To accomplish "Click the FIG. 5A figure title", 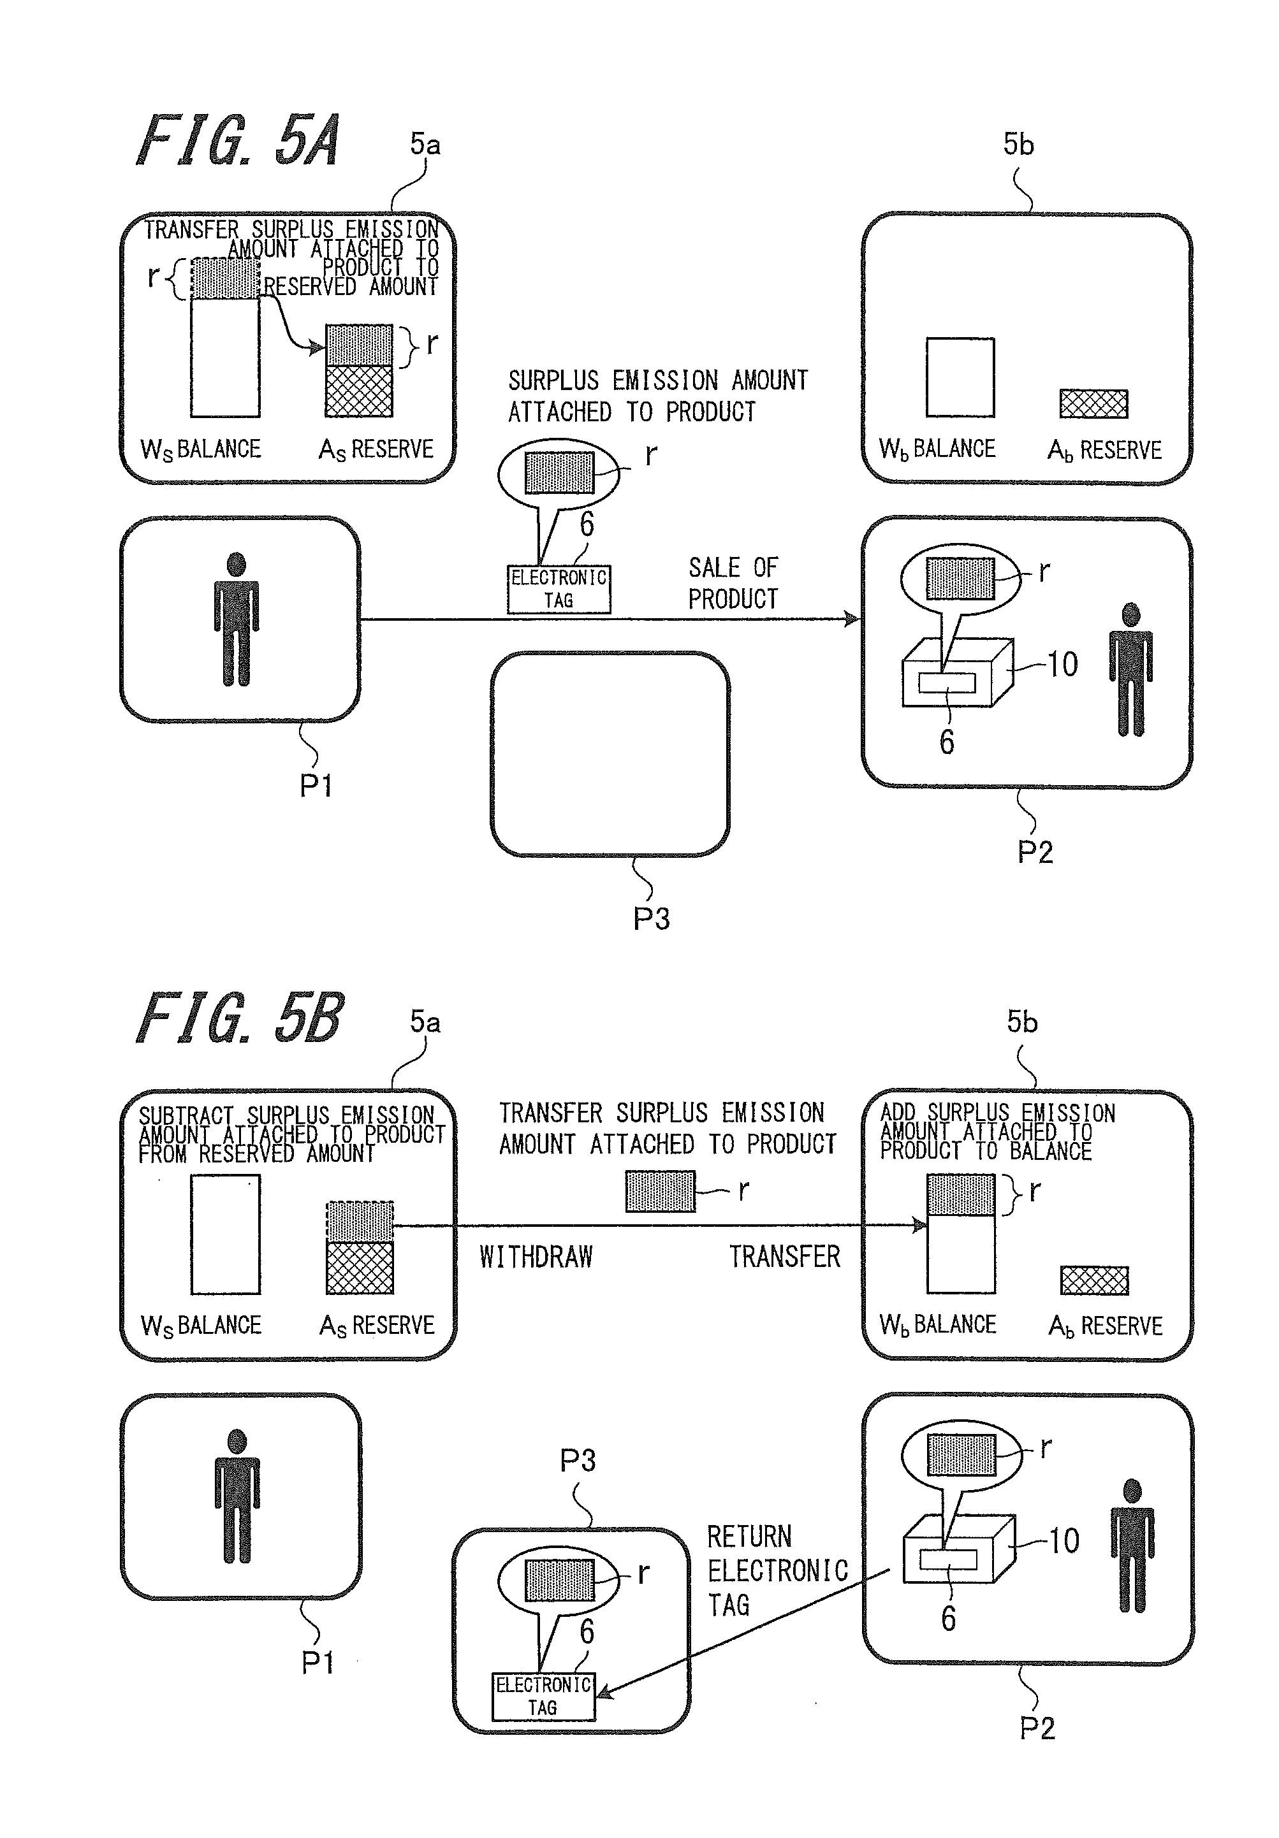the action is [238, 140].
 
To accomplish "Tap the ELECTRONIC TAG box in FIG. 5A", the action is [559, 589].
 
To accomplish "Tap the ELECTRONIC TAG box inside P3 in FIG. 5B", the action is [544, 1697].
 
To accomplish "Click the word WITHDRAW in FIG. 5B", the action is [536, 1257].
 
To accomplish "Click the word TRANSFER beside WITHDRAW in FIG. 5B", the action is [785, 1257].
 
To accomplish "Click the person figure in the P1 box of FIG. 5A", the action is [237, 619].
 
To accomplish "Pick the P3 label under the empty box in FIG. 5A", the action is [651, 918].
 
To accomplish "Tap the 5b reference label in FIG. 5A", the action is [1019, 144].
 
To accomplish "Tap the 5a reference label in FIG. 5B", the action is [425, 1022].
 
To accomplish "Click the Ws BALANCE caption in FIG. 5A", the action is [200, 449].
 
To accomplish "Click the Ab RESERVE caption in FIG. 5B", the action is [1105, 1326].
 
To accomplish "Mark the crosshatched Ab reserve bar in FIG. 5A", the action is [1094, 403].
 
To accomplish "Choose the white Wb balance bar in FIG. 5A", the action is [960, 377].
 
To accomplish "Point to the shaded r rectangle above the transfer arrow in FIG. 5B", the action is [661, 1191].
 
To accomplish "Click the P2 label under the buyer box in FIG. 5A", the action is [1035, 851].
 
